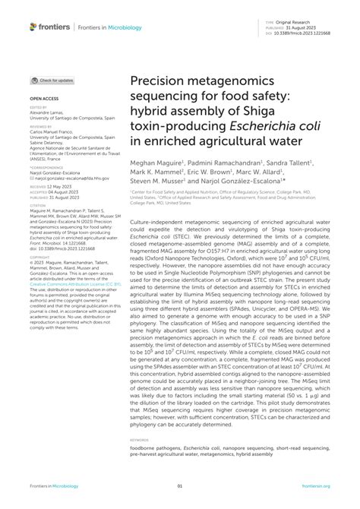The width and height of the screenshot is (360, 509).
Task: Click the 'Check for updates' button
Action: pyautogui.click(x=53, y=80)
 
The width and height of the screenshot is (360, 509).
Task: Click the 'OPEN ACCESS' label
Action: pyautogui.click(x=43, y=100)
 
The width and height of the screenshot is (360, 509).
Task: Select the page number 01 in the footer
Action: pyautogui.click(x=180, y=487)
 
